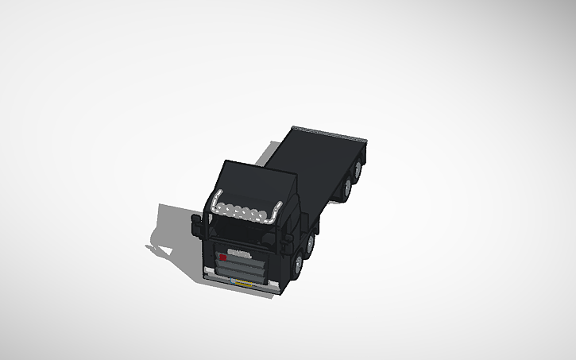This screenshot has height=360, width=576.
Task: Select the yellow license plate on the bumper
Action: point(239,281)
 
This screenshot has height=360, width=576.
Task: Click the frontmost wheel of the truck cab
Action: point(297,266)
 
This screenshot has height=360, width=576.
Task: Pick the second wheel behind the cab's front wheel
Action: point(310,242)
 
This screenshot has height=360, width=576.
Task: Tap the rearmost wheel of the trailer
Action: point(359,169)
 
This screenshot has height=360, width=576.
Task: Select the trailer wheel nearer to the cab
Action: point(347,186)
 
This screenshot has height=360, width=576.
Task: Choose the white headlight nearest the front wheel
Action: point(274,285)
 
